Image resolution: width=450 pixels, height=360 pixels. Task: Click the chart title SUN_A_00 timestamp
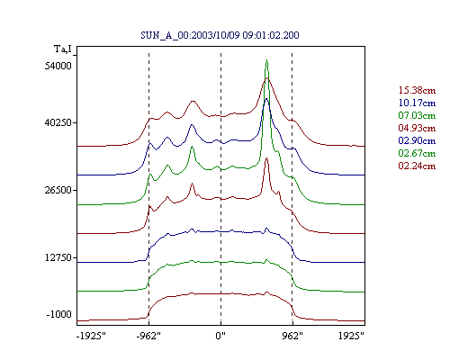point(220,35)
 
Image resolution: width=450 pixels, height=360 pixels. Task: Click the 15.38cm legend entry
point(417,90)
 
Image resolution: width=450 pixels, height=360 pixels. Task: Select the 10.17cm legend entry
point(417,103)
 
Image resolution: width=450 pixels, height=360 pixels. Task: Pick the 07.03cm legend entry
point(417,115)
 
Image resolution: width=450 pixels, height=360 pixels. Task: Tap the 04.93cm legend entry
point(417,128)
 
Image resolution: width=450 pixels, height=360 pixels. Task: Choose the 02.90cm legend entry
point(417,140)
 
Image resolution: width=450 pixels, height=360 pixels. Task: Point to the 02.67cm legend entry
point(417,153)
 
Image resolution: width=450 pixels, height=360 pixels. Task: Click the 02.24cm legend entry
point(417,166)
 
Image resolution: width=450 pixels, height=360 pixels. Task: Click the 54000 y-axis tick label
point(58,66)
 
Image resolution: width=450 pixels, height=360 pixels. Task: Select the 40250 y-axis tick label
point(58,122)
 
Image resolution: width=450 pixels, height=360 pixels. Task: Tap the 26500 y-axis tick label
point(58,190)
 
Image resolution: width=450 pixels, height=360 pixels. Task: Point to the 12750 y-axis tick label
point(58,257)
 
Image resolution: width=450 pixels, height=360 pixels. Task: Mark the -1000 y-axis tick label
point(58,314)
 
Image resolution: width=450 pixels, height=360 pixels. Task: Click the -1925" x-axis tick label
point(91,336)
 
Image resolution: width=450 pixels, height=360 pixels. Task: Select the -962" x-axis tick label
point(148,336)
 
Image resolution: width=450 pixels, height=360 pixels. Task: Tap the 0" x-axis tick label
point(220,336)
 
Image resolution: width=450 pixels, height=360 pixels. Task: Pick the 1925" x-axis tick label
point(351,336)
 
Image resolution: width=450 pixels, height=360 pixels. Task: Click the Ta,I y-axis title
point(63,49)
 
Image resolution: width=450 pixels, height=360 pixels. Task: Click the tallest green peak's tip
point(266,60)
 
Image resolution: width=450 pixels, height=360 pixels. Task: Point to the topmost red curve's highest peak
point(267,78)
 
